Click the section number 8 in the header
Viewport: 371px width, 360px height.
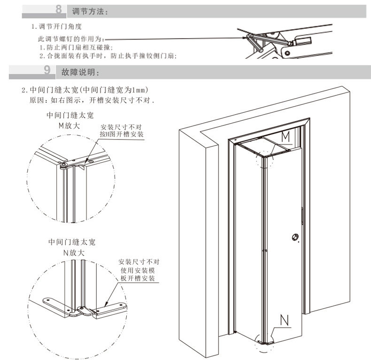click(x=58, y=9)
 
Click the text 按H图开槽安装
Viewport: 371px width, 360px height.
click(x=122, y=134)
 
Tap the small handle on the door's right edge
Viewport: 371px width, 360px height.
click(x=301, y=216)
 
